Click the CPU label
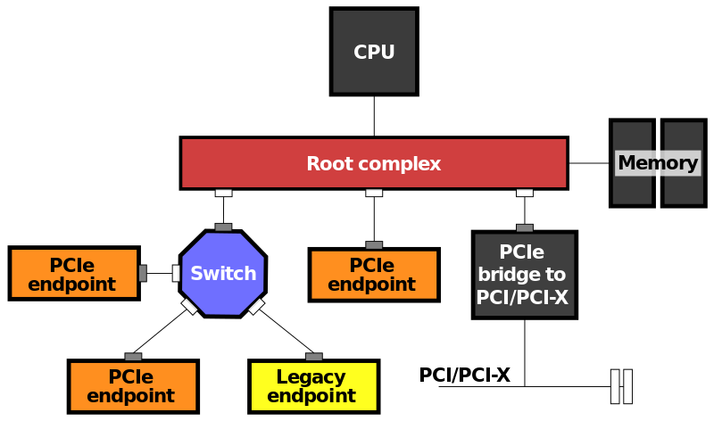(x=374, y=53)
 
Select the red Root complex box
(x=373, y=163)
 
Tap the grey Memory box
(x=658, y=163)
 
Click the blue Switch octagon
(x=223, y=274)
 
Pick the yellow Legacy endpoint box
(x=313, y=386)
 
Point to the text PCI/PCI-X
(x=522, y=298)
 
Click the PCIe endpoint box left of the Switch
(x=74, y=273)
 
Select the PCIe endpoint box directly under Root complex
(x=373, y=275)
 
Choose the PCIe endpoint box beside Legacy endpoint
(x=133, y=386)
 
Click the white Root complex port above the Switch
(x=223, y=193)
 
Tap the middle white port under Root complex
(x=374, y=193)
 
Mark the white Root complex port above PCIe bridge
(x=525, y=193)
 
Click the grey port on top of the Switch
(x=223, y=227)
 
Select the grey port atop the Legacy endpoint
(x=314, y=357)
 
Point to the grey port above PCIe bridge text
(x=525, y=228)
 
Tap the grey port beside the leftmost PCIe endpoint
(x=143, y=273)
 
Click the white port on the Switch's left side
(x=176, y=273)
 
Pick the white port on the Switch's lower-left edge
(x=189, y=306)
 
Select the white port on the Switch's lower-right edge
(x=256, y=306)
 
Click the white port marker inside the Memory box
(x=658, y=163)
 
